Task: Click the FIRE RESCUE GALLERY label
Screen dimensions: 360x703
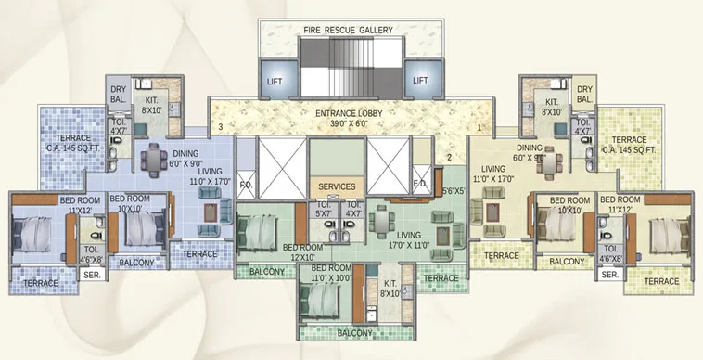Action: pyautogui.click(x=348, y=30)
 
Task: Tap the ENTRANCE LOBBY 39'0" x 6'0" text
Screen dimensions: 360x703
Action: pyautogui.click(x=350, y=118)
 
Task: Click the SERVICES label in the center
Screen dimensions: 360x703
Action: pyautogui.click(x=337, y=186)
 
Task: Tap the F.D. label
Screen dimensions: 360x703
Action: pyautogui.click(x=247, y=183)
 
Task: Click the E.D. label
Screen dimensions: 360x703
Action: pyautogui.click(x=419, y=184)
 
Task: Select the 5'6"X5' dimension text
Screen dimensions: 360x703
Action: pyautogui.click(x=453, y=192)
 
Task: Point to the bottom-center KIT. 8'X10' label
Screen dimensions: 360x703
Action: pyautogui.click(x=390, y=289)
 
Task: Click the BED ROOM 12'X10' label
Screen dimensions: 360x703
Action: pyautogui.click(x=303, y=251)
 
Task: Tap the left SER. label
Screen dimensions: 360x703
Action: pyautogui.click(x=91, y=276)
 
